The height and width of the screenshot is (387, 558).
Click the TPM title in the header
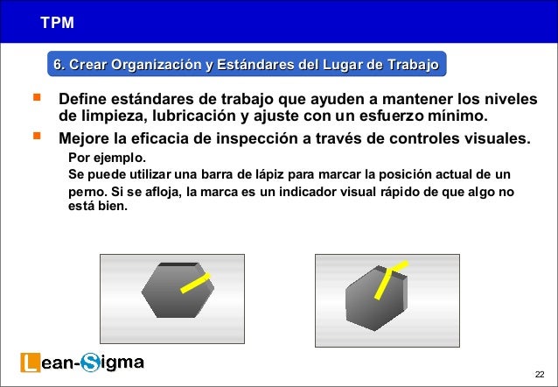pos(56,21)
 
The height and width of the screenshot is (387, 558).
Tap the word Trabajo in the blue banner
pos(409,65)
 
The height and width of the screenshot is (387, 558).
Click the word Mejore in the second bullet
pos(84,138)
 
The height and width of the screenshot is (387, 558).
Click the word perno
pos(86,192)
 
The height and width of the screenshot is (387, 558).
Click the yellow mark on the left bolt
pos(196,282)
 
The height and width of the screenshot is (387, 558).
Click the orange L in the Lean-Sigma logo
pos(29,362)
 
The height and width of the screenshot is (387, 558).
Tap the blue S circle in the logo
pos(90,362)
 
